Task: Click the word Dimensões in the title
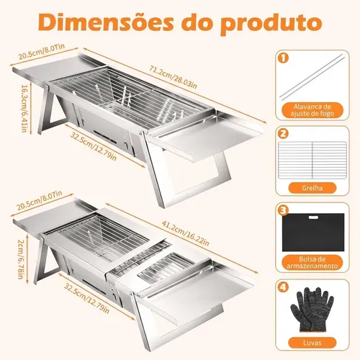(105, 22)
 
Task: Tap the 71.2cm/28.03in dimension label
(173, 77)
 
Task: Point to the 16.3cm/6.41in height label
(24, 109)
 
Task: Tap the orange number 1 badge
(284, 58)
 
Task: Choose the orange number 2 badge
(284, 133)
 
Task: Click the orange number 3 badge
(284, 210)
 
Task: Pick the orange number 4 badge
(284, 287)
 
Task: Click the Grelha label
(312, 188)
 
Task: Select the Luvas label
(312, 343)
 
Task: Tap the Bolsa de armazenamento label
(312, 263)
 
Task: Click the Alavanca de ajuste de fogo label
(312, 110)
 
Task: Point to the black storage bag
(313, 233)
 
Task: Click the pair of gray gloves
(312, 310)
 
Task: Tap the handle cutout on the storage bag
(313, 217)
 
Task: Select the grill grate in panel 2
(312, 160)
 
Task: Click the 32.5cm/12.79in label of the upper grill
(94, 146)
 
